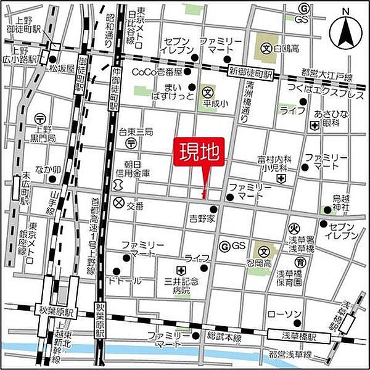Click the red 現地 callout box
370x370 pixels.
(x=199, y=152)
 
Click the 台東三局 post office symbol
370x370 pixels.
(x=132, y=142)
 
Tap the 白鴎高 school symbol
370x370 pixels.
(x=267, y=47)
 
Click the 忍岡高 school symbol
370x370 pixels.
(x=264, y=251)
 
